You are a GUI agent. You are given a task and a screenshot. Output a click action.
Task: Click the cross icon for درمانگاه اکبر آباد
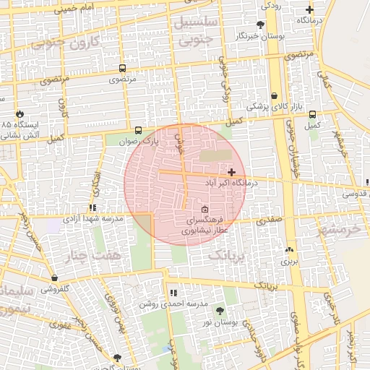231,172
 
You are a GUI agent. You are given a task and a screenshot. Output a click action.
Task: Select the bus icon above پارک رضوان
138,131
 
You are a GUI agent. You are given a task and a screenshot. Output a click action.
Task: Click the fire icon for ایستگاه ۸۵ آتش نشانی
20,114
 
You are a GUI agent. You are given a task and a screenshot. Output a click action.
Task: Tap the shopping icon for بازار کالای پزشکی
274,95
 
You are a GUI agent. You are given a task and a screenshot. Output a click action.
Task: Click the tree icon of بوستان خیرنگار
259,25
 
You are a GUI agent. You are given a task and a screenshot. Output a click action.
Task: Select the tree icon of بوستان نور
220,311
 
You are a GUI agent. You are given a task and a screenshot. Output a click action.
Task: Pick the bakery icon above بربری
290,249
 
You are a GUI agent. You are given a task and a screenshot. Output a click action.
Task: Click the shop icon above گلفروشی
54,277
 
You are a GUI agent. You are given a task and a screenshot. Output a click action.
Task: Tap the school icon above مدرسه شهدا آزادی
92,207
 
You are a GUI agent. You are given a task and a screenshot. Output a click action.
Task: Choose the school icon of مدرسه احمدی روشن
173,293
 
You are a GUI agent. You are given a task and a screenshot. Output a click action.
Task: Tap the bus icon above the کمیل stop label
312,114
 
